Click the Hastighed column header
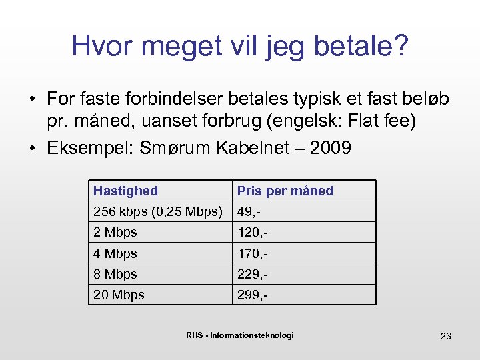click(x=125, y=191)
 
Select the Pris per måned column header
click(x=285, y=191)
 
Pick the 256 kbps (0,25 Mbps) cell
click(x=158, y=212)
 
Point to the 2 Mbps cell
click(x=115, y=233)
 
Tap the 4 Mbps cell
click(x=115, y=253)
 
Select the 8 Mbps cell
click(x=115, y=274)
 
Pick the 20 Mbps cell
click(x=119, y=295)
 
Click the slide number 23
click(x=445, y=336)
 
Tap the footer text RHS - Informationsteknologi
click(x=239, y=335)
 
